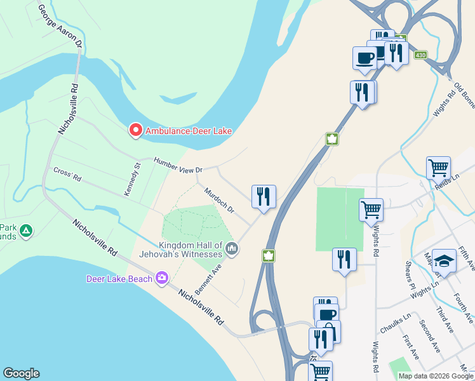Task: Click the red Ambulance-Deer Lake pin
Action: (135, 130)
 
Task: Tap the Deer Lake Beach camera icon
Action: (162, 277)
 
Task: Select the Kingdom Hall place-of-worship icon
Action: (232, 248)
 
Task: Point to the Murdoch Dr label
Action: (219, 199)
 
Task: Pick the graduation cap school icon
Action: (444, 261)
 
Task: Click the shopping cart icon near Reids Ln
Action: (438, 168)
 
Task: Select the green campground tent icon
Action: (26, 230)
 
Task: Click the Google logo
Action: (21, 373)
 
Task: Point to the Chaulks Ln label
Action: (396, 324)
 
